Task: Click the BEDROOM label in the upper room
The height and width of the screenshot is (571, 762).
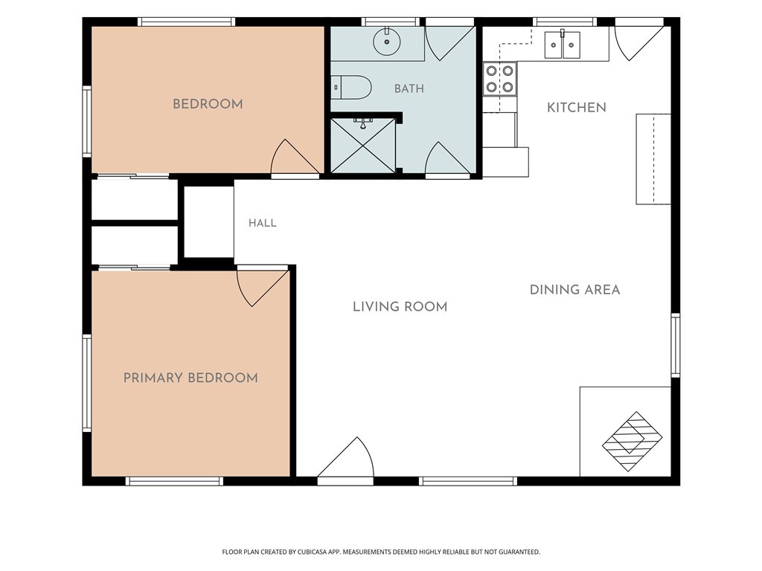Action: pos(208,104)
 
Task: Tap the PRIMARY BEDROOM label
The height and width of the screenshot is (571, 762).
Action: pos(190,378)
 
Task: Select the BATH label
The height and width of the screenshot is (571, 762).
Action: pos(409,88)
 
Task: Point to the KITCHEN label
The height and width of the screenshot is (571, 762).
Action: pos(577,107)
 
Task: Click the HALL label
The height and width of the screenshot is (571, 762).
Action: pos(263,223)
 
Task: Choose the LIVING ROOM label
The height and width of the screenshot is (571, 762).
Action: pos(400,307)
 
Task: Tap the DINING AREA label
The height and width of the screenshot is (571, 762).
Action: pos(574,290)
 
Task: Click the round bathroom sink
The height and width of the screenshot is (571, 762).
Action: pos(387,41)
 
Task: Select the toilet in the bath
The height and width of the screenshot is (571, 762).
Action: pos(352,88)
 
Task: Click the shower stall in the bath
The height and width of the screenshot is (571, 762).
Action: pos(363,145)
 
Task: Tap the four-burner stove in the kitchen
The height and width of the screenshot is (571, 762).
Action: pos(499,79)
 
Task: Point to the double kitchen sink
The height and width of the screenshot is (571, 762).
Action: pos(563,45)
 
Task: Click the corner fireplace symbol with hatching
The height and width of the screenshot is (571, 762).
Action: pos(633,442)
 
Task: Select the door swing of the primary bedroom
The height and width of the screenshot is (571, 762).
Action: pos(263,287)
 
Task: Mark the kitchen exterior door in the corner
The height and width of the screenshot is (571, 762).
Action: pos(639,42)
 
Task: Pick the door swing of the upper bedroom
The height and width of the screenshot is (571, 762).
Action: pos(295,156)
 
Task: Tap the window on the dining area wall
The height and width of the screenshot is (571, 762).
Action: pos(675,345)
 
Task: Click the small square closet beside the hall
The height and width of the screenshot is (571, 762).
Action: pos(209,222)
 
